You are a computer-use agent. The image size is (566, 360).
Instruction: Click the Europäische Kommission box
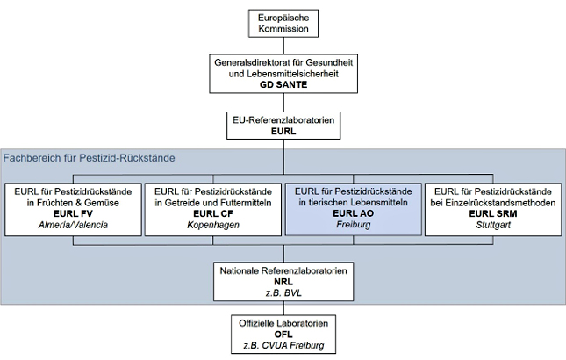[283, 23]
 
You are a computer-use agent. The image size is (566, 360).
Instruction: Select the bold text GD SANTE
[283, 85]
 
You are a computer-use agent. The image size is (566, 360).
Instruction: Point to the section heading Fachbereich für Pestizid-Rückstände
[90, 158]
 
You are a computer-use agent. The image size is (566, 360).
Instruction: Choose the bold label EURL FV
[72, 213]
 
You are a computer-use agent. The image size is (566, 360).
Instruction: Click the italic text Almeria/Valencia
[72, 226]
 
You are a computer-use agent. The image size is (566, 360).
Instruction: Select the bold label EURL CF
[212, 213]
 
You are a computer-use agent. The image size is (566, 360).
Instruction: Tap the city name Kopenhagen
[212, 226]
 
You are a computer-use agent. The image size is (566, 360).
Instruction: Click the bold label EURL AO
[354, 213]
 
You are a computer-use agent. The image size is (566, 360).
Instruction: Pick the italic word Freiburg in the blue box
[354, 226]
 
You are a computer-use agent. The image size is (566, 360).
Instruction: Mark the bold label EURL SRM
[494, 213]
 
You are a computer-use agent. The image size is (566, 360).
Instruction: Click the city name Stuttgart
[494, 226]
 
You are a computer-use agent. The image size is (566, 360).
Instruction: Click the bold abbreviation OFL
[283, 335]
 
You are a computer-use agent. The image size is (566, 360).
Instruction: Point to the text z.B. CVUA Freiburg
[283, 347]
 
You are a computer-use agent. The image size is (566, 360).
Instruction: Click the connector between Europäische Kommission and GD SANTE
[283, 45]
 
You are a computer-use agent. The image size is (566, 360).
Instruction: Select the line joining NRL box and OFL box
[283, 309]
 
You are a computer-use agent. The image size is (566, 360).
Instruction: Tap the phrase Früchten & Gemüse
[72, 202]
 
